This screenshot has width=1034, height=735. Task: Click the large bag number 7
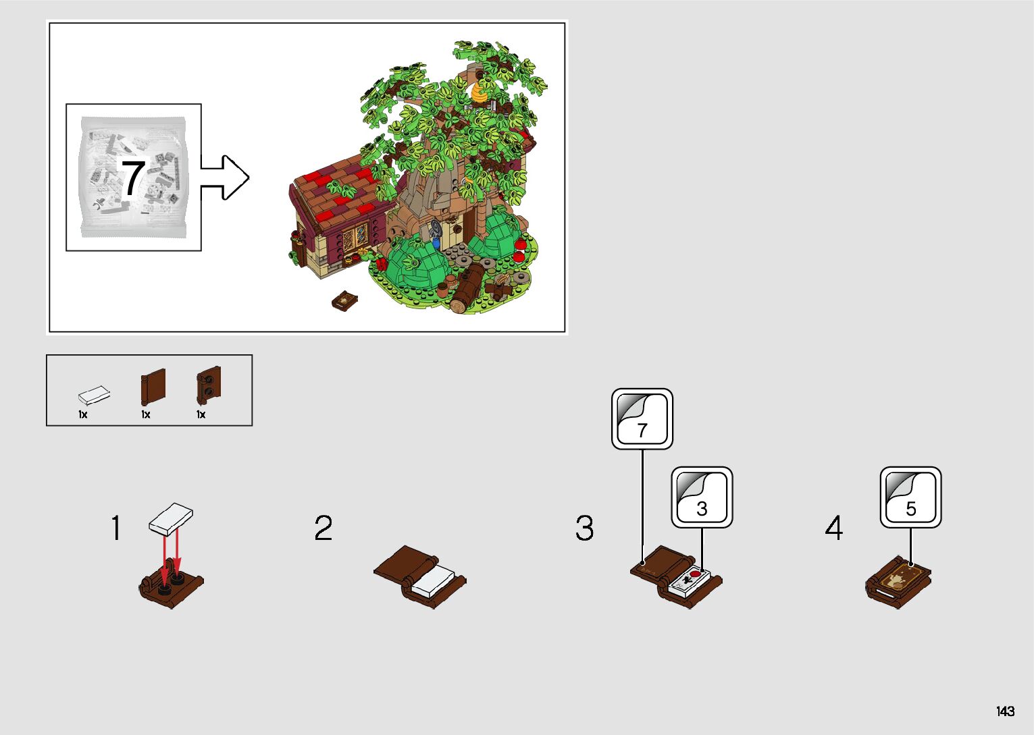(132, 178)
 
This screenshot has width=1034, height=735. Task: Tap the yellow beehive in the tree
(480, 92)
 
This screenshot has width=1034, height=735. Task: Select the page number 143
(1005, 711)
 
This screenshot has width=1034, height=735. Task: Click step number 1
(116, 528)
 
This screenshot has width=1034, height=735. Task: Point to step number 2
(324, 528)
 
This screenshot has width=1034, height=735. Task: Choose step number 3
(585, 528)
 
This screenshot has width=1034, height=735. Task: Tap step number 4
(834, 528)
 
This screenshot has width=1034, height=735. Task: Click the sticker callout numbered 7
(642, 418)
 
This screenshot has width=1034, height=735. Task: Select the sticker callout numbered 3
(702, 497)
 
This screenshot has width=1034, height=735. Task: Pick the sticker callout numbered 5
(910, 497)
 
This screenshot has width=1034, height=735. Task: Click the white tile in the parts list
(94, 395)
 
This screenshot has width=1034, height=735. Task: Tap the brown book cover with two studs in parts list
(209, 385)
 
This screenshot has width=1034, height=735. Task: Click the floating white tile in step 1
(171, 519)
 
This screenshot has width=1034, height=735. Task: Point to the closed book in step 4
(898, 581)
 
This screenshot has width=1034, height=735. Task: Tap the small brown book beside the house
(345, 300)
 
